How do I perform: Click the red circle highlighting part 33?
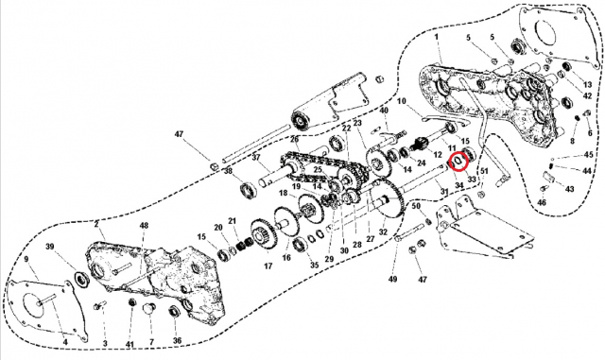pyautogui.click(x=458, y=160)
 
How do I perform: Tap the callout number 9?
pyautogui.click(x=26, y=259)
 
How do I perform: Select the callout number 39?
pyautogui.click(x=51, y=247)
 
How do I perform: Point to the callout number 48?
pyautogui.click(x=144, y=227)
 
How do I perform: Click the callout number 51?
pyautogui.click(x=486, y=171)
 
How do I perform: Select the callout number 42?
pyautogui.click(x=587, y=96)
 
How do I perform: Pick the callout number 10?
pyautogui.click(x=401, y=101)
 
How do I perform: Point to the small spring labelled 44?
pyautogui.click(x=554, y=168)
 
